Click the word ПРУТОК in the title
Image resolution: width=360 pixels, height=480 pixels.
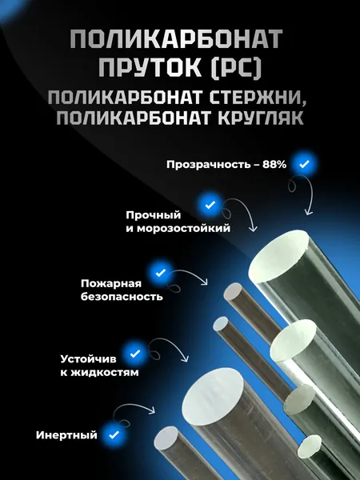[150, 66]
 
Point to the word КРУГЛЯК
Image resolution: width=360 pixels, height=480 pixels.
[261, 118]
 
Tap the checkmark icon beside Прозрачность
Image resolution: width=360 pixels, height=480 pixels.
[304, 164]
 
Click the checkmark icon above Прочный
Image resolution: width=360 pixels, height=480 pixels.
[210, 205]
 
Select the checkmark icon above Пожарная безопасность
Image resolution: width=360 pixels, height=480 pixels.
[161, 273]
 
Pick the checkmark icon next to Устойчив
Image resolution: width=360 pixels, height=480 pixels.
[134, 354]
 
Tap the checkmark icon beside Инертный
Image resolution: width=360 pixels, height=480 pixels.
[114, 434]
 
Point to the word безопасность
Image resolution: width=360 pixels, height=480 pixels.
[122, 297]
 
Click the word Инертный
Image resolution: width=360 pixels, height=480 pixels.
[66, 435]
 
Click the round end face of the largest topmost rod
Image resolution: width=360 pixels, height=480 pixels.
[278, 256]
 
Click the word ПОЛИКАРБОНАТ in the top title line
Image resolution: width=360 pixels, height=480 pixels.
[176, 39]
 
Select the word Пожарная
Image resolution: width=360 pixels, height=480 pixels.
[111, 283]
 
